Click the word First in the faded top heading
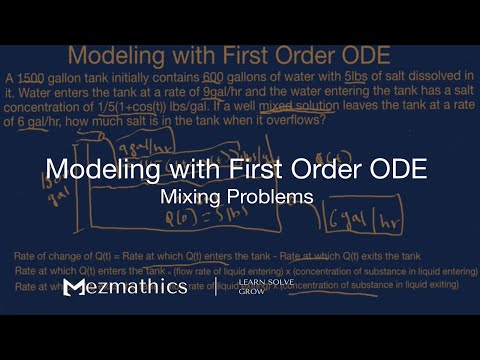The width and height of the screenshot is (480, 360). tap(273, 53)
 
